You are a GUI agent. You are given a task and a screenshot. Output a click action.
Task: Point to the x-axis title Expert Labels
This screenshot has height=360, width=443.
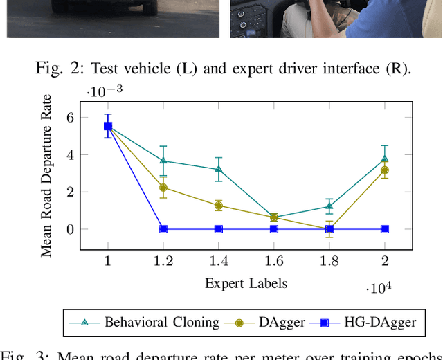pos(246,283)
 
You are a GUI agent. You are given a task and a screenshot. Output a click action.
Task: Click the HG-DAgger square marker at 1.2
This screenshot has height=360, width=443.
pos(163,229)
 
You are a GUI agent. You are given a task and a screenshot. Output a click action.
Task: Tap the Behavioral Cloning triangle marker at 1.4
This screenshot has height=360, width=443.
pos(219,169)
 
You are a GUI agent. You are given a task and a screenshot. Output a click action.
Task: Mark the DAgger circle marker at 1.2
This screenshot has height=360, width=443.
pos(163,188)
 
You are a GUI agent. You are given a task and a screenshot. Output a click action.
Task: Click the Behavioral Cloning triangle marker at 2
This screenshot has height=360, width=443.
pos(385,159)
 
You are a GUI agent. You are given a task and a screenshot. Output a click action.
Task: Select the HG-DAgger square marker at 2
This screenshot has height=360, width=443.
pos(385,229)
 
